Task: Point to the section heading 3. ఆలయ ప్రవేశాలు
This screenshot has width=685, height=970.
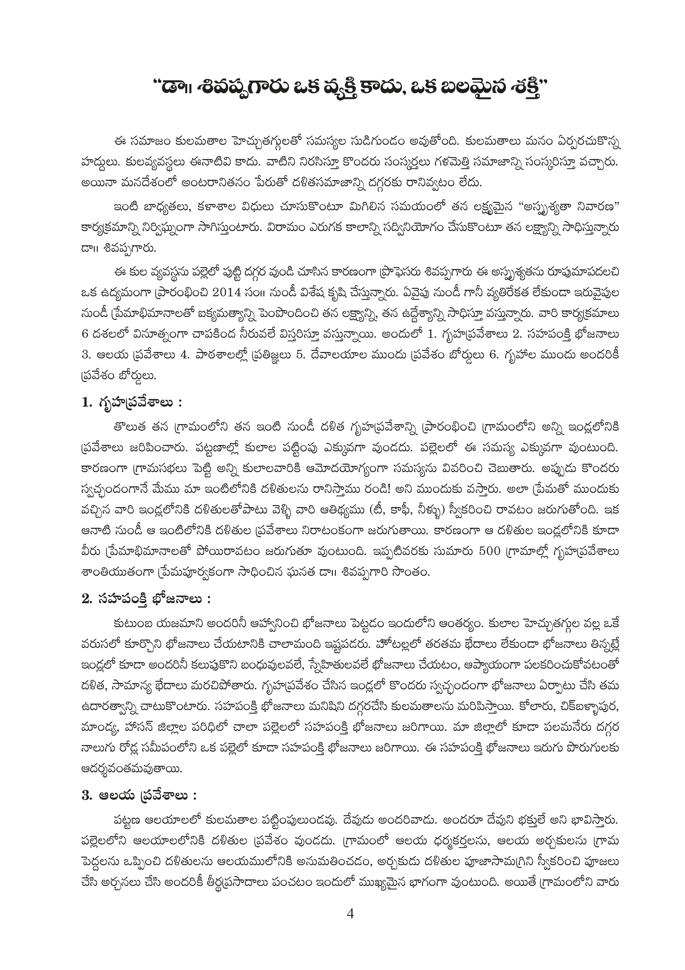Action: [139, 796]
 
